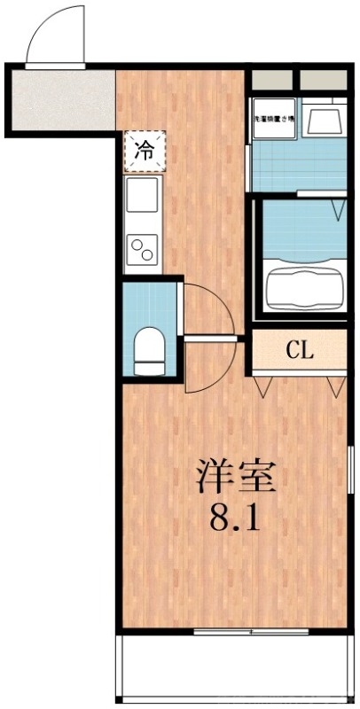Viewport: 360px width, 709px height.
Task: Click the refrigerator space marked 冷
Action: pyautogui.click(x=142, y=150)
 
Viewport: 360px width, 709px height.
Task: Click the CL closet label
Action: pyautogui.click(x=299, y=350)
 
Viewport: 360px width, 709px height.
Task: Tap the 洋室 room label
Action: pyautogui.click(x=235, y=478)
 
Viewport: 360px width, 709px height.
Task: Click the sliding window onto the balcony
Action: pyautogui.click(x=251, y=631)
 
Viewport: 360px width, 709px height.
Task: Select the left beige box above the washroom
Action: pyautogui.click(x=272, y=79)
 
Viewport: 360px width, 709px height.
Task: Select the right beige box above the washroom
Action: pyautogui.click(x=322, y=79)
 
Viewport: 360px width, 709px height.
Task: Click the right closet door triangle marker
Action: pyautogui.click(x=334, y=386)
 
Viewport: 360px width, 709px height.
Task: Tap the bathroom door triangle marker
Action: pyautogui.click(x=338, y=207)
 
